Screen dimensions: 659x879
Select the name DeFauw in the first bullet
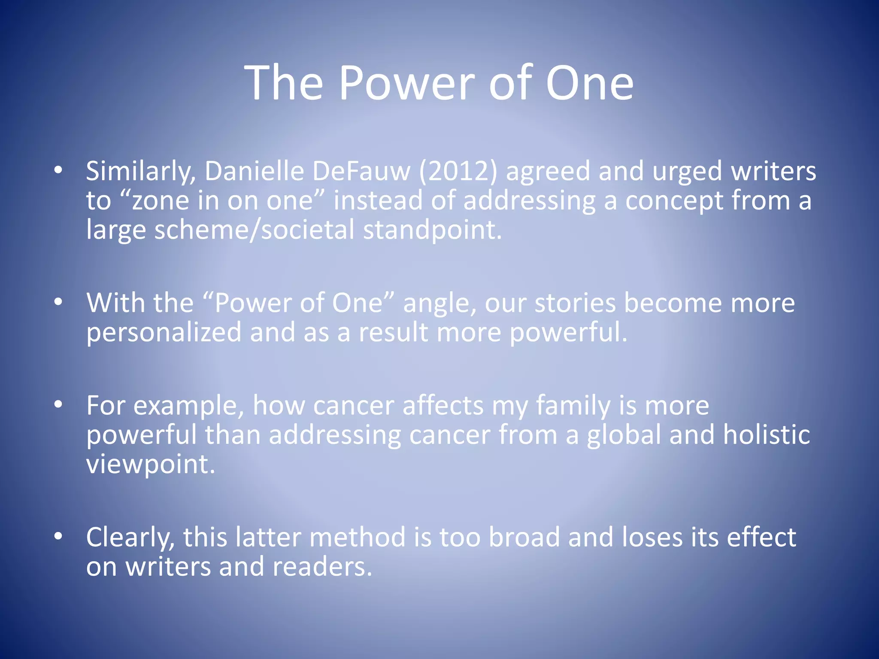click(x=361, y=171)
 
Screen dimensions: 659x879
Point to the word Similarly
click(x=141, y=171)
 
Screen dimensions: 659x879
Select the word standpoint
click(x=432, y=230)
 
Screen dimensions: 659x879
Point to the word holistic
click(x=767, y=435)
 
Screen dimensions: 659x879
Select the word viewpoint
click(x=150, y=464)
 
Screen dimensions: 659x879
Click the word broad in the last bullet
click(x=524, y=537)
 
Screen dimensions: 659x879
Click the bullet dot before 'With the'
click(x=58, y=302)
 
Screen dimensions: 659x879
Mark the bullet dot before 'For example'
click(x=58, y=404)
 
